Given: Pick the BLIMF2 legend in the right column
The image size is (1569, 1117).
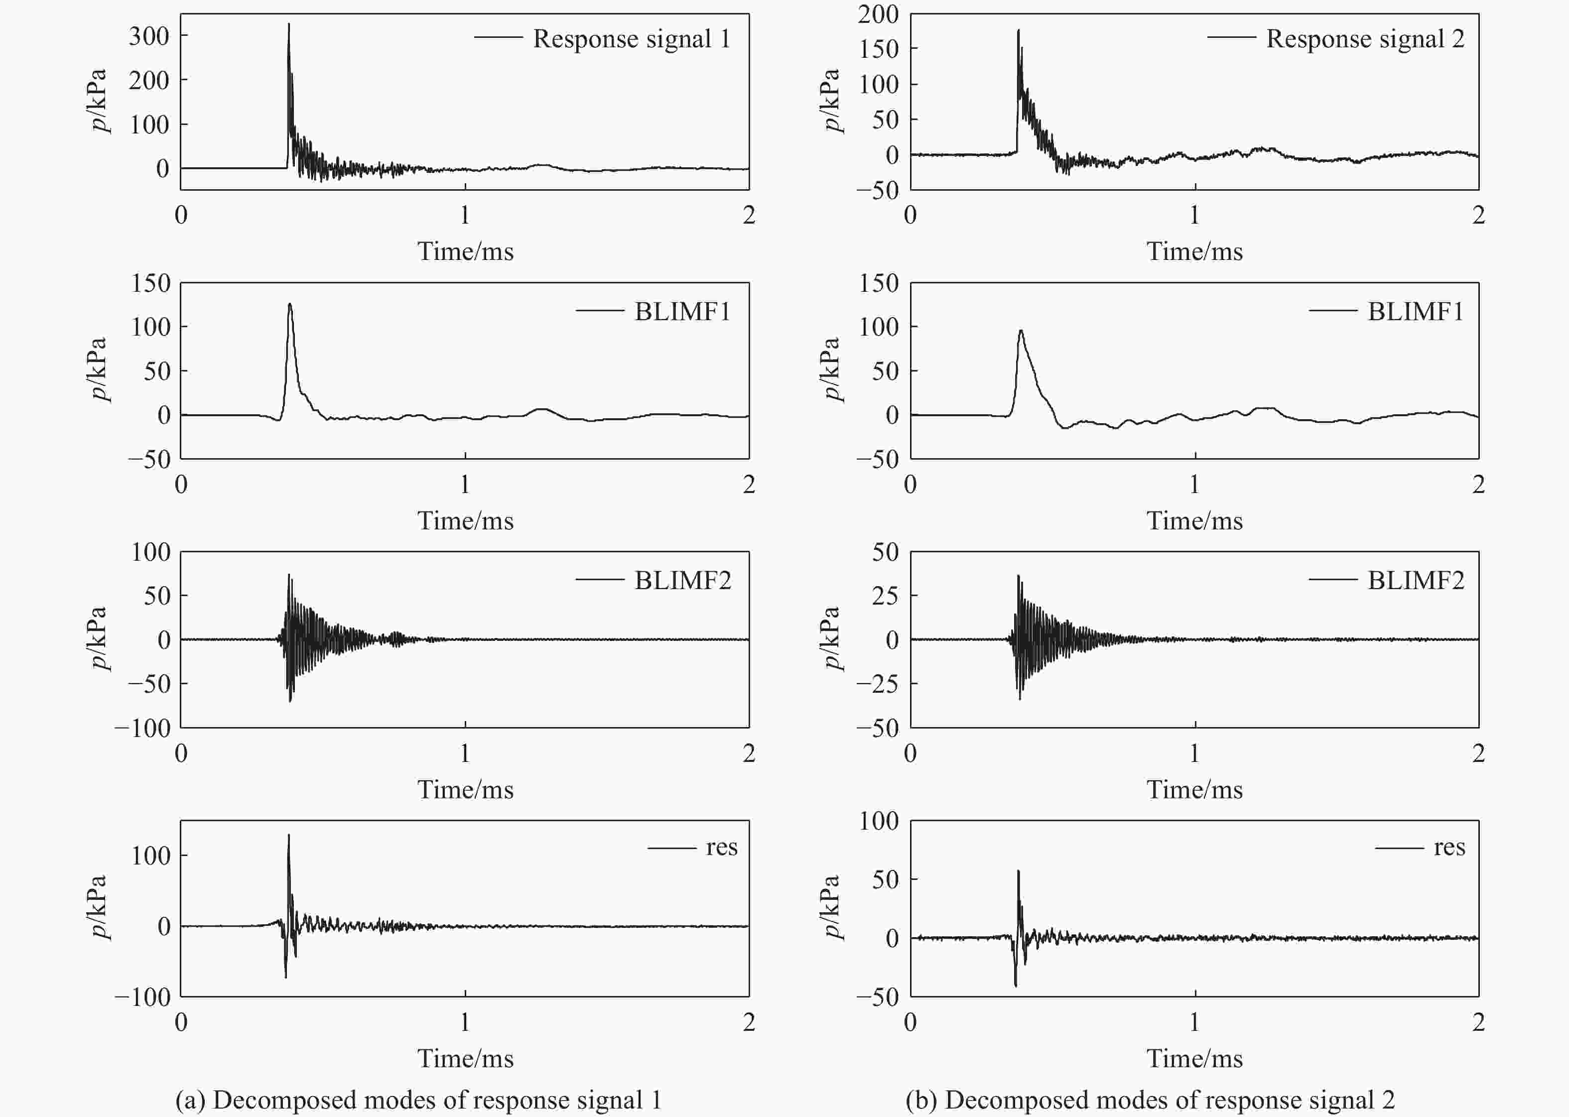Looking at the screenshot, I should (1415, 581).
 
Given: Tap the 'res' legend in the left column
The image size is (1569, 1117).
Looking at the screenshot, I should (721, 848).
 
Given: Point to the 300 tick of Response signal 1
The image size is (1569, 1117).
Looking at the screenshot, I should (148, 36).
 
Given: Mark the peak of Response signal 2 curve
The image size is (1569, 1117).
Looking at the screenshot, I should (1018, 30).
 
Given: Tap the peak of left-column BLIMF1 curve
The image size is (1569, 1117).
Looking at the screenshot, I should (289, 304).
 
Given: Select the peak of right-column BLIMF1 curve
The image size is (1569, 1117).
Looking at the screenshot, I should (1021, 331).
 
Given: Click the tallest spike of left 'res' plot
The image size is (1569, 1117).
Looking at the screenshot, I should (288, 836).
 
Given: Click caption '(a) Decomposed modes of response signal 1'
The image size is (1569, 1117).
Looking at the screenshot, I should (418, 1100).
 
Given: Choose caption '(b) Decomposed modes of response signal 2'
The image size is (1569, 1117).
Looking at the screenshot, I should (1150, 1100).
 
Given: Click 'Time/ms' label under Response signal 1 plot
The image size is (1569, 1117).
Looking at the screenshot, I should (465, 252).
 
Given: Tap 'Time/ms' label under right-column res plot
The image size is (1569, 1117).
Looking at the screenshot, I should (1194, 1059).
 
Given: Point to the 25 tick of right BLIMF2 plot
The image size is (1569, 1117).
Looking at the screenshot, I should (885, 596).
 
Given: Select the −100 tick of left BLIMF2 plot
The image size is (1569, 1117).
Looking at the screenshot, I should (142, 728).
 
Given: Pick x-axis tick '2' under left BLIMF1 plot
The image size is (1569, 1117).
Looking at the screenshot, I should (748, 485).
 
